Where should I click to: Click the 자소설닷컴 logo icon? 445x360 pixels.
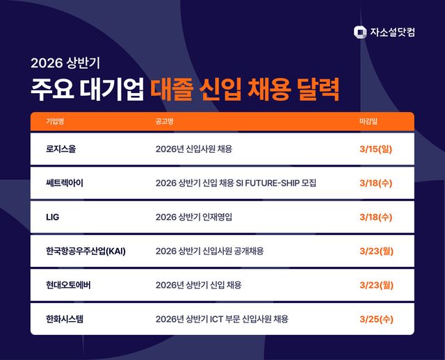coord(359,31)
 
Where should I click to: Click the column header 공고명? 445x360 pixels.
coord(165,121)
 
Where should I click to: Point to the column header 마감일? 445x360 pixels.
coord(369,121)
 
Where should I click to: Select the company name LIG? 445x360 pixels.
coord(53,217)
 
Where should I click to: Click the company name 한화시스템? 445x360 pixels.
coord(68,319)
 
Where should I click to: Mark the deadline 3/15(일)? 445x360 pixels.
coord(376,149)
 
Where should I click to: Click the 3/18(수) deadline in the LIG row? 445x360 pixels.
coord(376,217)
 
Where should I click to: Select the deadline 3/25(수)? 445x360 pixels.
coord(376,319)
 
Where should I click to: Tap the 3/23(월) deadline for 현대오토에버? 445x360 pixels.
coord(376,285)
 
